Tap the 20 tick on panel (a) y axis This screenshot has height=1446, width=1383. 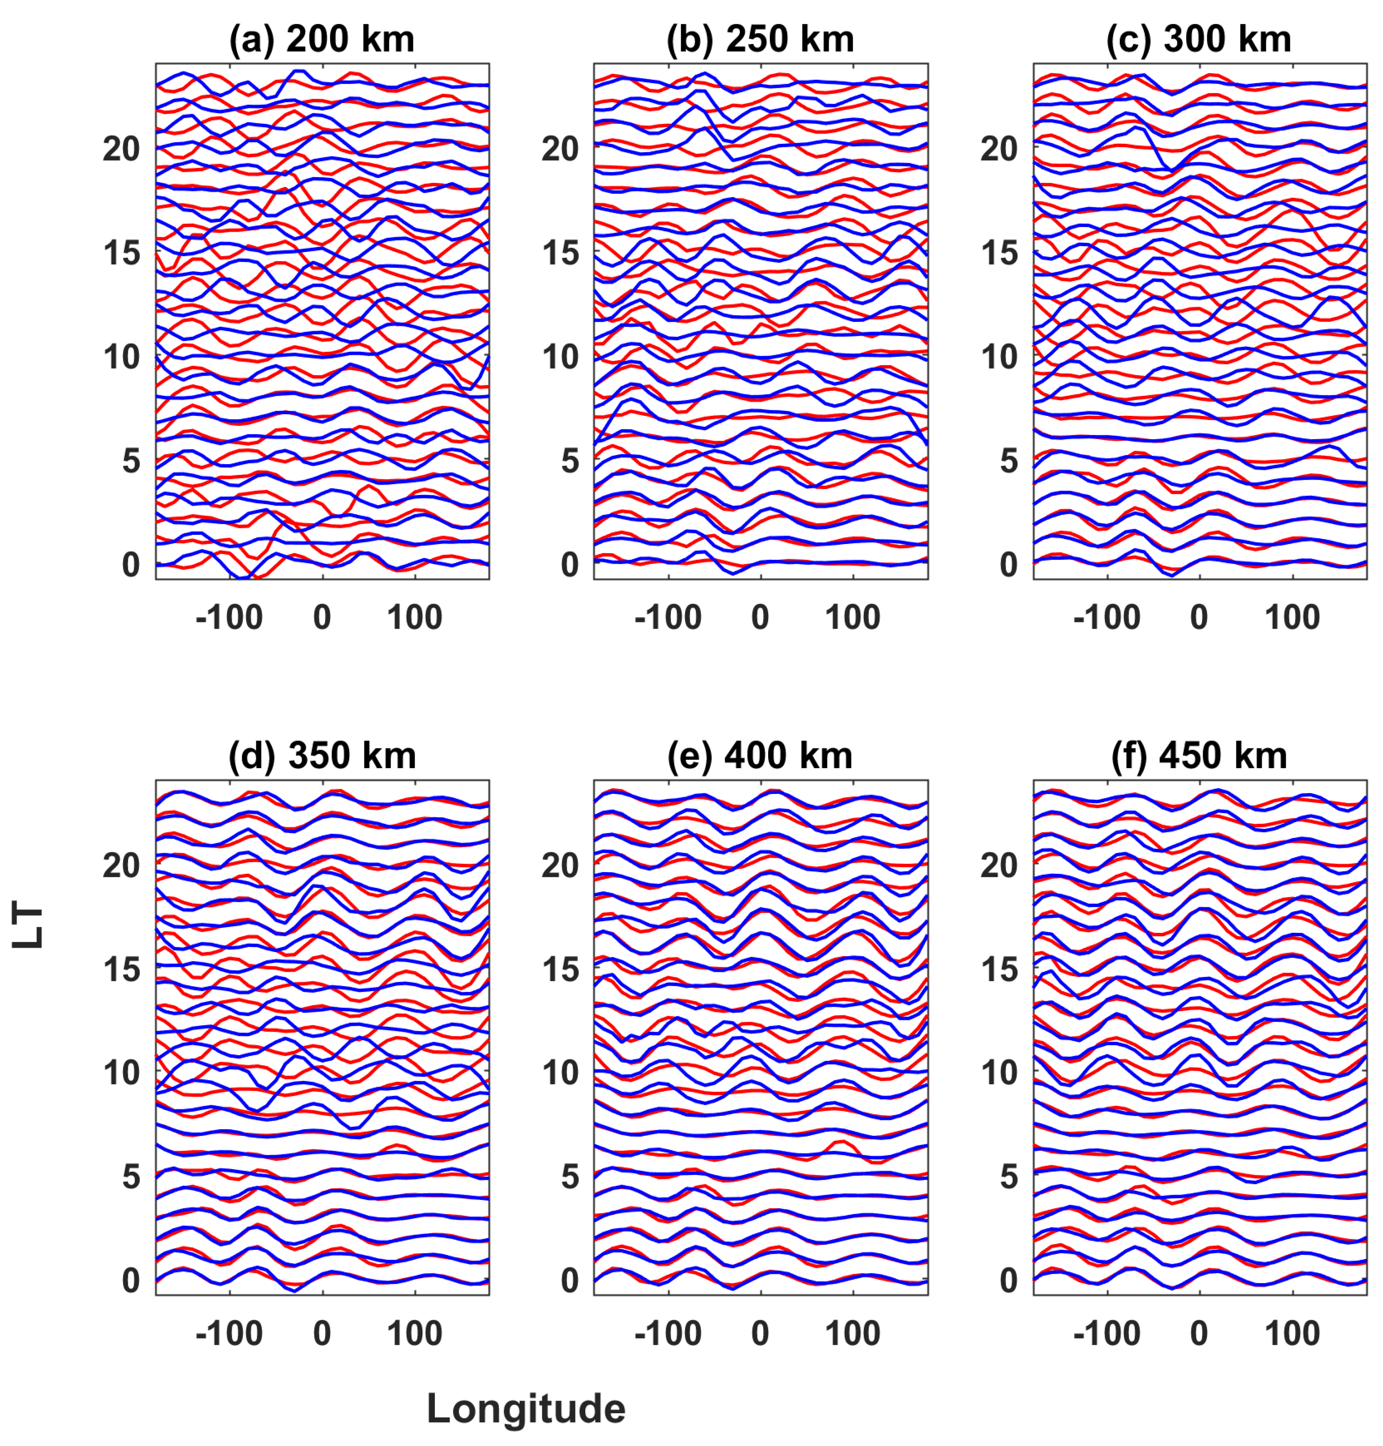(122, 149)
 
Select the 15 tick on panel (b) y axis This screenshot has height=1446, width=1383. (560, 253)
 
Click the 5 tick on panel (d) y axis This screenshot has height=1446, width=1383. (131, 1177)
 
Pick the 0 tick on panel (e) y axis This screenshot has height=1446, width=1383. (570, 1281)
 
